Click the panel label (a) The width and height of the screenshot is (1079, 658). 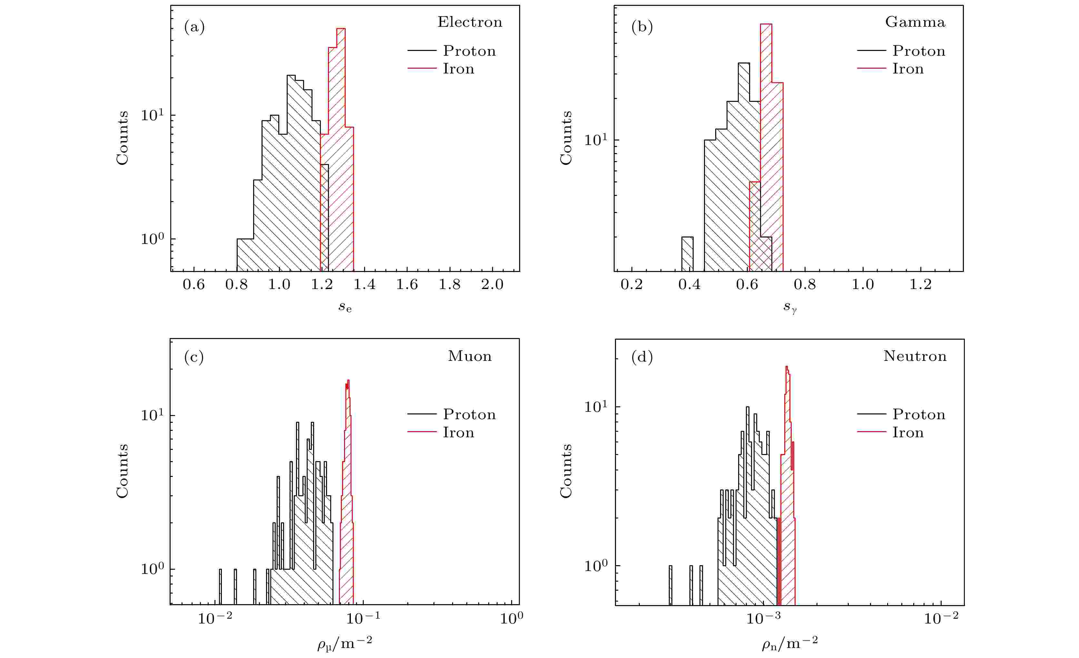[194, 27]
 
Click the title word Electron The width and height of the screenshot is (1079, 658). [470, 22]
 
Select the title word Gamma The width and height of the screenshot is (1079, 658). [915, 22]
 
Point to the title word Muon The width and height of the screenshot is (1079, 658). [470, 356]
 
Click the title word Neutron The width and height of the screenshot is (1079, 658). [915, 356]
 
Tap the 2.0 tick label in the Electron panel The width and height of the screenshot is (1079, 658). [492, 285]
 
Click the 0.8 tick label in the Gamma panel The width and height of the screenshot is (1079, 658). [805, 285]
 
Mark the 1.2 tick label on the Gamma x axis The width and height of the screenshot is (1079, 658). [920, 285]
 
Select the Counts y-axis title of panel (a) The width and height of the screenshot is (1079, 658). [122, 138]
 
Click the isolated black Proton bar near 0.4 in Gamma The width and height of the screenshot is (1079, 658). [688, 254]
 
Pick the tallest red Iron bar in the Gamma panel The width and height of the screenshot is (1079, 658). [766, 131]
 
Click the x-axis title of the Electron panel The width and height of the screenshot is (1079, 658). [345, 307]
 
